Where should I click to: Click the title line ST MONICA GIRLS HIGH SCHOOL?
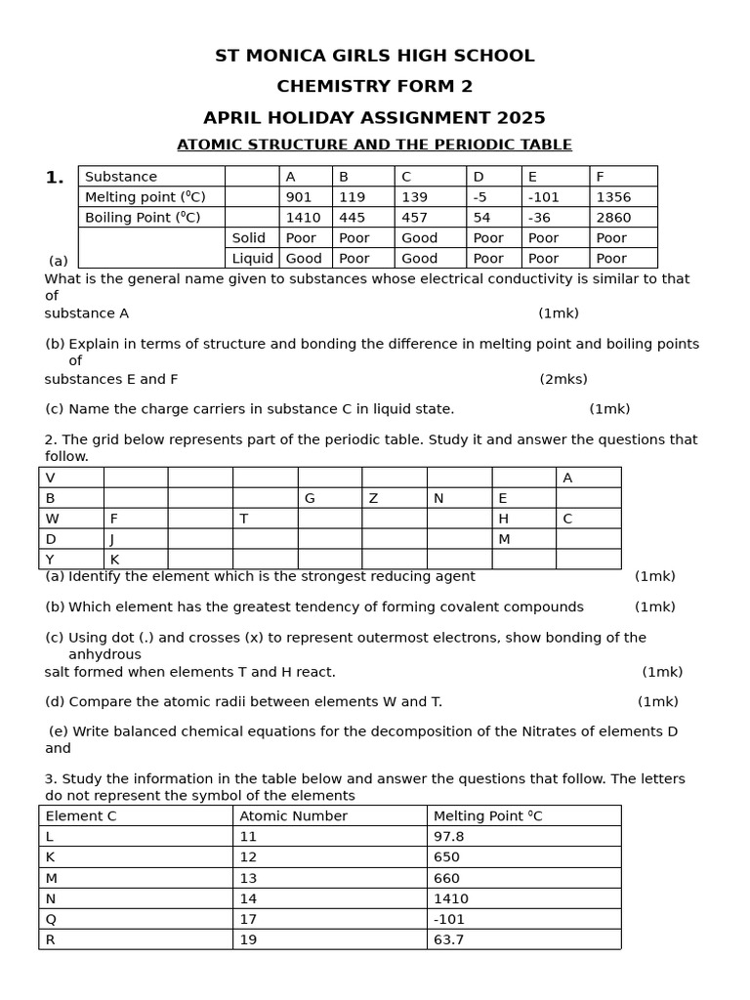[374, 56]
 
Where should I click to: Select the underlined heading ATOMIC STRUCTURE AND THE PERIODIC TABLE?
[374, 145]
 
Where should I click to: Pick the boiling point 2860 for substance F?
[613, 218]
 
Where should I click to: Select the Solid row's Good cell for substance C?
[419, 238]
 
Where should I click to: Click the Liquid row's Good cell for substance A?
[304, 259]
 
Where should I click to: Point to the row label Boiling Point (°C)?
[143, 218]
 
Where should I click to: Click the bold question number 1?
[55, 178]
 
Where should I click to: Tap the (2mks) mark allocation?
[563, 379]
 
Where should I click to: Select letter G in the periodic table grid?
[310, 498]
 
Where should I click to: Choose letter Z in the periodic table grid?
[373, 498]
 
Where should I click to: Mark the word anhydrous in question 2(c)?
[104, 654]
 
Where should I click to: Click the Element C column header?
[81, 816]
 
